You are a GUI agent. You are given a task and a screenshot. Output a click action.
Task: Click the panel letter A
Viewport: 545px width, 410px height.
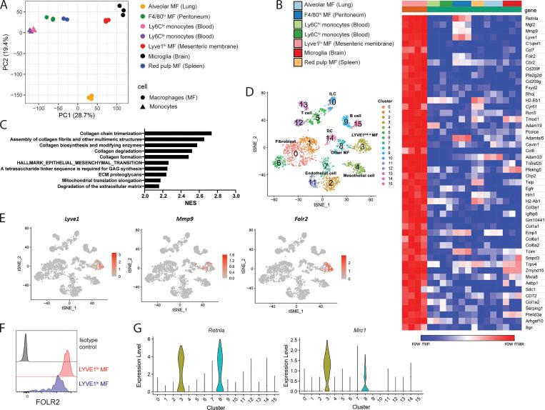(6, 6)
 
